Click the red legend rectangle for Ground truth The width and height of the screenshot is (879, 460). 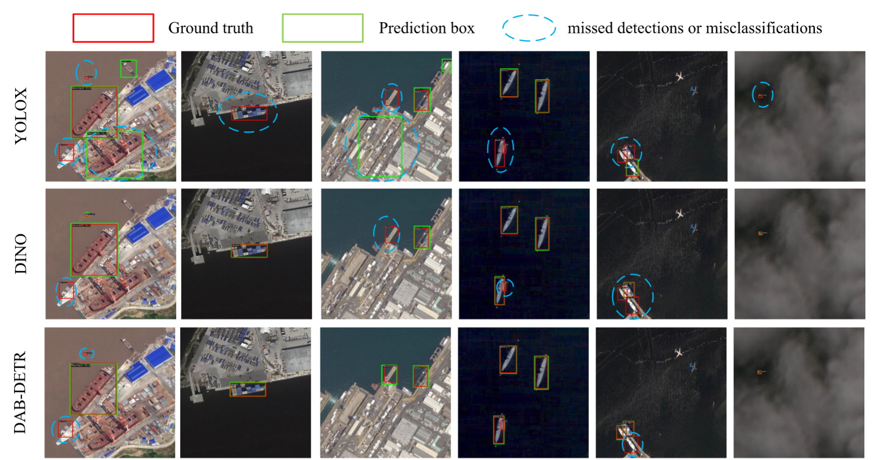click(113, 28)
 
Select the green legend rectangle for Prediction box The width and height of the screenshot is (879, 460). click(322, 28)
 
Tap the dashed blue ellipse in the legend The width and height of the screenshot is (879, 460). click(528, 28)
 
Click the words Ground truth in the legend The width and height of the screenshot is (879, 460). click(211, 28)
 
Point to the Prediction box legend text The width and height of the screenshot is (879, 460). click(426, 28)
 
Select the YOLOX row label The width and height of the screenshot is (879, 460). click(21, 116)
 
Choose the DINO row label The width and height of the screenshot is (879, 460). click(21, 253)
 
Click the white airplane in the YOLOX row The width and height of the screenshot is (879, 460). click(680, 77)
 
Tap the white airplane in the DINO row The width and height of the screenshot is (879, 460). click(680, 214)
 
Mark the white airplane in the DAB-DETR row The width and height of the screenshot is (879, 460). click(679, 352)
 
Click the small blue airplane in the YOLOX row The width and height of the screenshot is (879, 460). click(695, 91)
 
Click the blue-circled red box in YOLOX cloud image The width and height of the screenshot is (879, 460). click(761, 95)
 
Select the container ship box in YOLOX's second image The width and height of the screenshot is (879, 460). click(249, 113)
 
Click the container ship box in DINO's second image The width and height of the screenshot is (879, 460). click(249, 251)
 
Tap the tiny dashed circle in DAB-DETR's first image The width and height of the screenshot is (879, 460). click(87, 353)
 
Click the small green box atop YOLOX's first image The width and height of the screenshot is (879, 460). click(128, 68)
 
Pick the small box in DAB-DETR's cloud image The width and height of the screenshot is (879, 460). click(759, 372)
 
